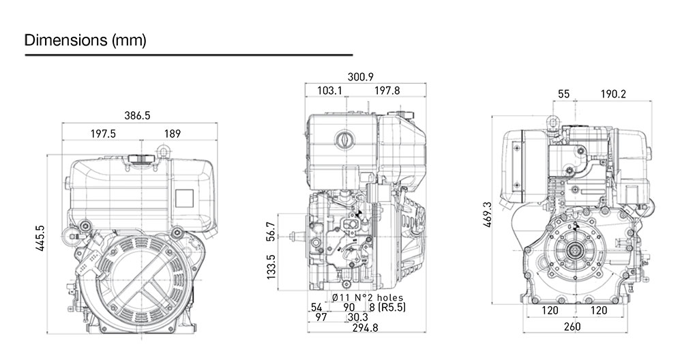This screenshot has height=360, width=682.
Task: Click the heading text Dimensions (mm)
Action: [85, 41]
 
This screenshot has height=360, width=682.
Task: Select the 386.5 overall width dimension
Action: [138, 116]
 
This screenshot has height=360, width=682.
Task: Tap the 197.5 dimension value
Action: [104, 134]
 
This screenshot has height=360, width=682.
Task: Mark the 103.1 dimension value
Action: [329, 91]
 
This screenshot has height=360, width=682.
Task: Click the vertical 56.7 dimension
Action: [271, 232]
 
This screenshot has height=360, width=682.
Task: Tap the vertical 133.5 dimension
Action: [271, 268]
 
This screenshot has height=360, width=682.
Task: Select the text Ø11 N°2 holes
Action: [367, 297]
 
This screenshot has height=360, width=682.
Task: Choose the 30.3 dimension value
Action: [358, 318]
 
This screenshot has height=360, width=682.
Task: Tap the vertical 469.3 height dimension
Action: [486, 214]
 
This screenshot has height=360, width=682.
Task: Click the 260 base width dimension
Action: [573, 327]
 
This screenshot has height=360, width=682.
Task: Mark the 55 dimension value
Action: [563, 94]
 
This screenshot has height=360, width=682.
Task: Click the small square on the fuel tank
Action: [185, 196]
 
